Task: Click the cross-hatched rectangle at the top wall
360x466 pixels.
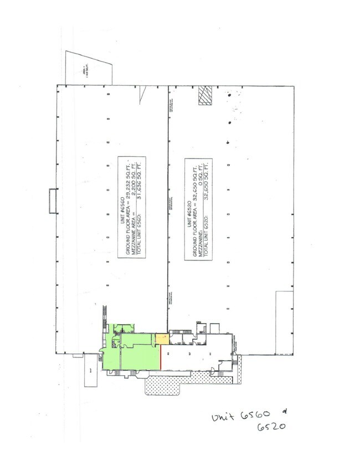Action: click(x=205, y=95)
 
